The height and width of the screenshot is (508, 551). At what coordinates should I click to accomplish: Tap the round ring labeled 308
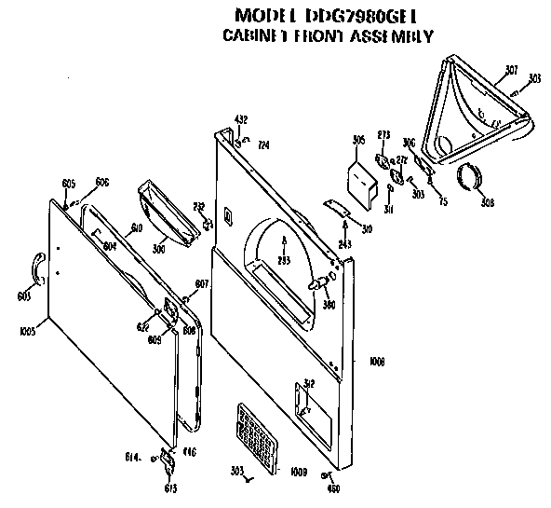473,176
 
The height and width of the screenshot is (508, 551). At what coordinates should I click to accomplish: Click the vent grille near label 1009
257,436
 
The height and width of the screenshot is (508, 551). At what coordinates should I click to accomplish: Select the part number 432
240,119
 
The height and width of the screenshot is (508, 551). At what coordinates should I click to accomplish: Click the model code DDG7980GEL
364,16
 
